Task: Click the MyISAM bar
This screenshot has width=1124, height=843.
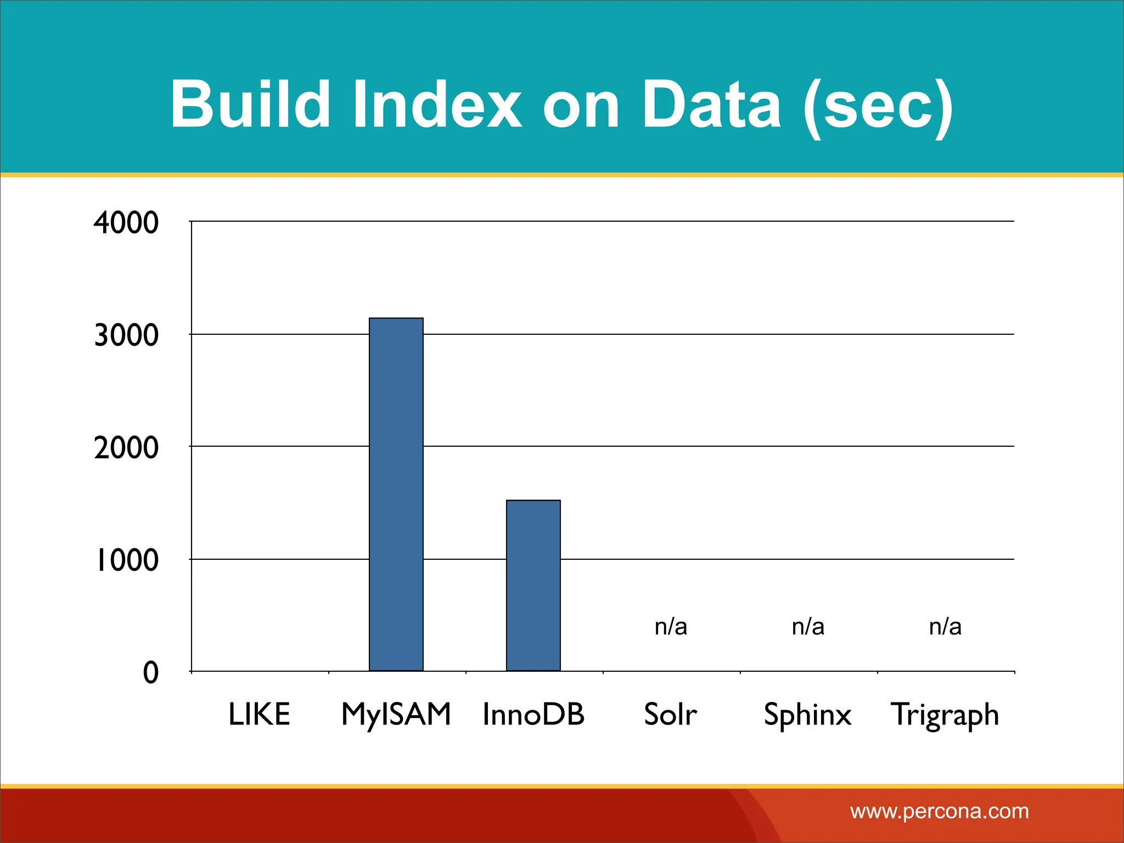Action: coord(396,494)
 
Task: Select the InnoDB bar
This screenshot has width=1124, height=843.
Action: coord(533,585)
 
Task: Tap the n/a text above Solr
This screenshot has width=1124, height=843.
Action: coord(671,626)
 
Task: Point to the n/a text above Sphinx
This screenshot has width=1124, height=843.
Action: coord(808,626)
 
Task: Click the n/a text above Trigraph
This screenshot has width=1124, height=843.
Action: coord(945,626)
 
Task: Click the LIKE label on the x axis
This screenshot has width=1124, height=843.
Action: coord(259,714)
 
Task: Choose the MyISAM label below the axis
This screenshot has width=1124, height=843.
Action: coord(396,714)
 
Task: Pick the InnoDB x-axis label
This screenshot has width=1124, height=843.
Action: coord(533,714)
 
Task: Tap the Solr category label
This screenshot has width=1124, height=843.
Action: coord(670,714)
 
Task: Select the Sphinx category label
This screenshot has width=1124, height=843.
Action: coord(807,715)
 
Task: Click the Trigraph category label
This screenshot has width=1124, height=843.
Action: coord(945,715)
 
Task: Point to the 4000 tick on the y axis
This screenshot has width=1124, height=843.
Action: coord(126,223)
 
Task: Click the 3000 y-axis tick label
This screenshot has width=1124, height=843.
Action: coord(126,335)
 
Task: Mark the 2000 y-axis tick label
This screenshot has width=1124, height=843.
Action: coord(126,448)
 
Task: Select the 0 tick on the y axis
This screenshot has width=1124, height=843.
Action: coord(151,673)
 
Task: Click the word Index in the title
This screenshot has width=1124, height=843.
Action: coord(436,104)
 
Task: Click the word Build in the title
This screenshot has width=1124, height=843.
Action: coord(250,104)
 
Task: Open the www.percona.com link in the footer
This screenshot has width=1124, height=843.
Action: coord(939,811)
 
